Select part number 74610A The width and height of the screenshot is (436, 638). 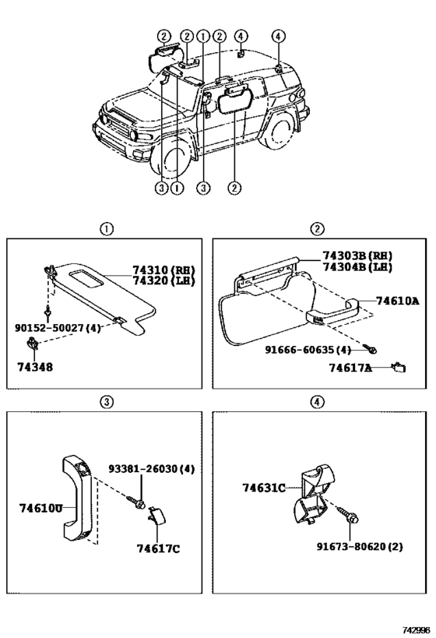tap(397, 301)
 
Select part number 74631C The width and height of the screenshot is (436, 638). tap(264, 488)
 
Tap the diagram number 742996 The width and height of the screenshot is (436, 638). tap(413, 629)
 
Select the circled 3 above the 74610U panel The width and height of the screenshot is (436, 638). tap(106, 401)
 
